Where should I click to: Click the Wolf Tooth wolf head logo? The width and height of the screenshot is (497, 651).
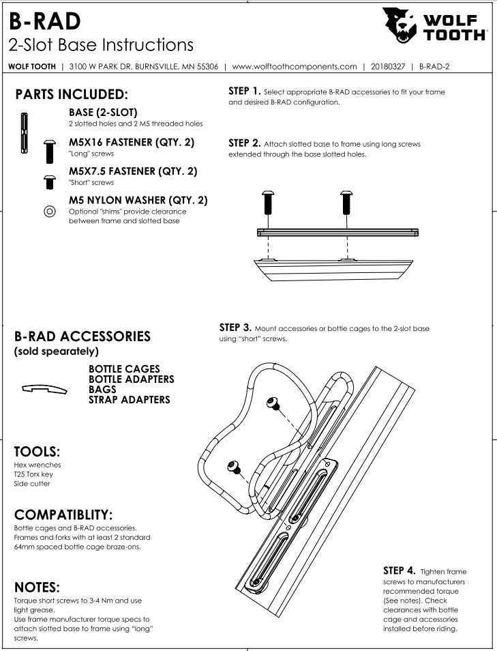pyautogui.click(x=400, y=25)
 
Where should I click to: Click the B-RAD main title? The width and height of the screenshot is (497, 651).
pyautogui.click(x=45, y=21)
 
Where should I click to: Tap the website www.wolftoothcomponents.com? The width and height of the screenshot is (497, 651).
pyautogui.click(x=294, y=66)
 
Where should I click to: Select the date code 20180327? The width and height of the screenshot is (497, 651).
pyautogui.click(x=387, y=66)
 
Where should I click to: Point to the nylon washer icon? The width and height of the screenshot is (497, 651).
pyautogui.click(x=49, y=212)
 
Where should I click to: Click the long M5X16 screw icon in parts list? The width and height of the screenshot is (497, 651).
pyautogui.click(x=49, y=151)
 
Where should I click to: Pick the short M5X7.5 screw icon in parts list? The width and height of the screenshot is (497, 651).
pyautogui.click(x=49, y=182)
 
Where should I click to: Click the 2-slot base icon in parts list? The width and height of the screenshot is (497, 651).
pyautogui.click(x=24, y=133)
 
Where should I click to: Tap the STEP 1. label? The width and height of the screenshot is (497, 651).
pyautogui.click(x=244, y=91)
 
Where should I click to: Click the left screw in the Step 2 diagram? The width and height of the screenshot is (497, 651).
pyautogui.click(x=268, y=203)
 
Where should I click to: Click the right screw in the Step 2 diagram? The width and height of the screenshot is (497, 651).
pyautogui.click(x=346, y=203)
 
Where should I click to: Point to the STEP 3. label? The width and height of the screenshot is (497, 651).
pyautogui.click(x=235, y=328)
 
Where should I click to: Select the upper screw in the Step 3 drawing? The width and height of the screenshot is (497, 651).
pyautogui.click(x=273, y=403)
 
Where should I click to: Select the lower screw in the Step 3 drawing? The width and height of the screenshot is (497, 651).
pyautogui.click(x=235, y=467)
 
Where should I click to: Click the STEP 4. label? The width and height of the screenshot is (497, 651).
pyautogui.click(x=399, y=571)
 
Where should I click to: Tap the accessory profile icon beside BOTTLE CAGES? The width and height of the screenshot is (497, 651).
pyautogui.click(x=44, y=388)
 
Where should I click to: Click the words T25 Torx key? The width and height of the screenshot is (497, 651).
pyautogui.click(x=33, y=474)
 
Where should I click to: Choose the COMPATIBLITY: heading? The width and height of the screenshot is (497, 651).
pyautogui.click(x=63, y=515)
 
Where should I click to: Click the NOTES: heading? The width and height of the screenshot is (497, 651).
pyautogui.click(x=37, y=588)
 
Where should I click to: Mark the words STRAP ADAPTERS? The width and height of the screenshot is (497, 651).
pyautogui.click(x=130, y=400)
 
